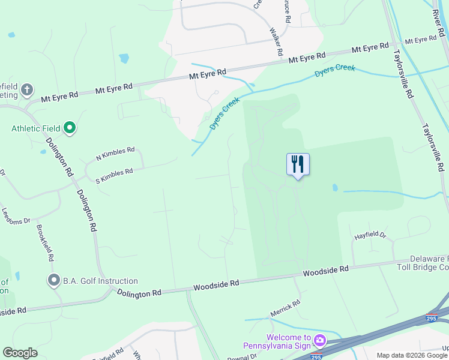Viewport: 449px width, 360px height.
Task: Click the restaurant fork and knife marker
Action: tap(298, 164)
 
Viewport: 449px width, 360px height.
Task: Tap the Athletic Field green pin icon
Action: tap(70, 128)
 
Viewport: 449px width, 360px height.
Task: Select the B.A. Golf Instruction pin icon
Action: tap(54, 280)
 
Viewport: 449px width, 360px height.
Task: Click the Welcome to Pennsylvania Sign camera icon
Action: tap(319, 341)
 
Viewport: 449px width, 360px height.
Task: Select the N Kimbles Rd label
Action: tap(115, 154)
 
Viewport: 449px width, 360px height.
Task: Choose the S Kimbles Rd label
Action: tap(113, 175)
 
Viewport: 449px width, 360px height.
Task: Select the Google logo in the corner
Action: tap(20, 353)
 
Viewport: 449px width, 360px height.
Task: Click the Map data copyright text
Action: tap(412, 355)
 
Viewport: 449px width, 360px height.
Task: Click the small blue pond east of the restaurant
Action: tap(335, 188)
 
